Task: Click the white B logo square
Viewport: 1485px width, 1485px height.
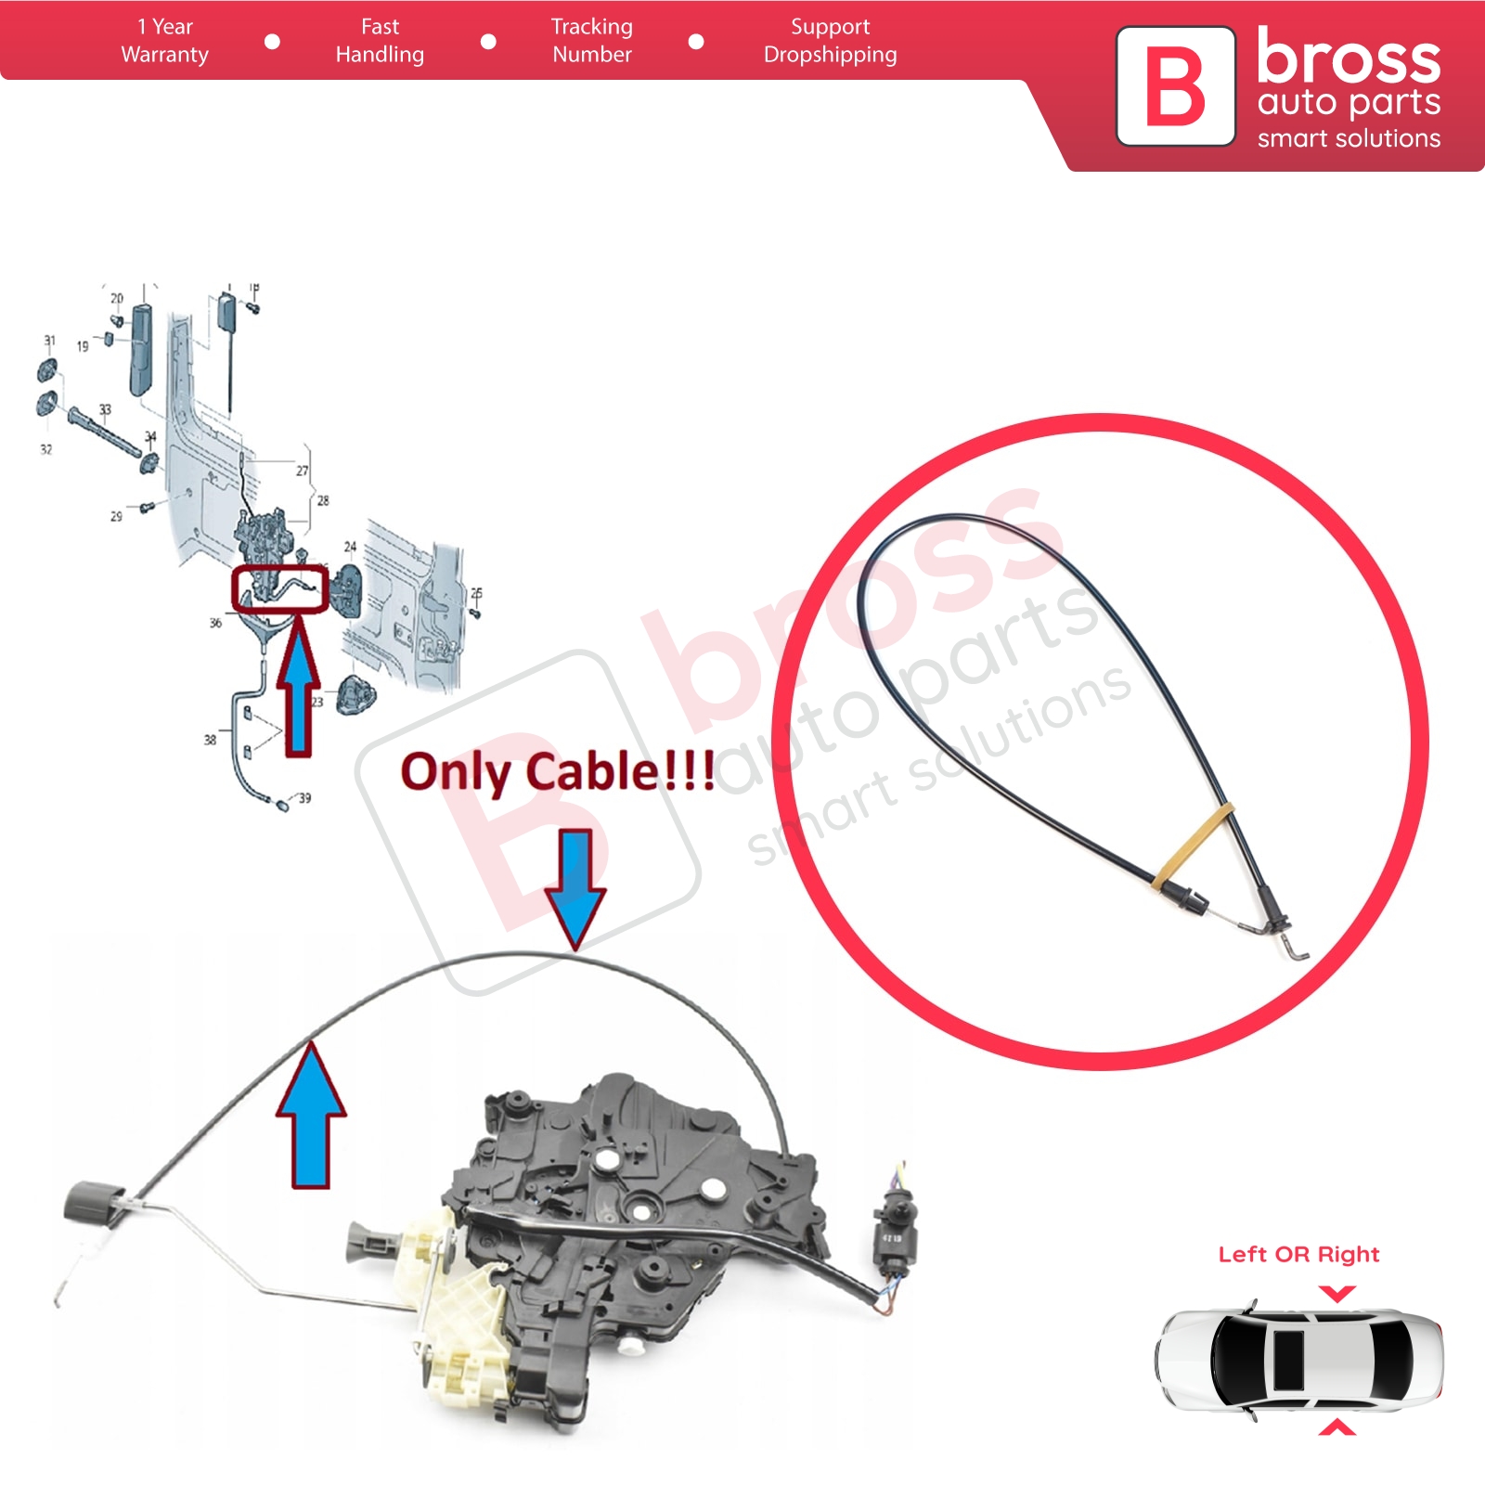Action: coord(1175,86)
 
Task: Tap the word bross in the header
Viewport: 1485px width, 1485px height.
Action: coord(1348,58)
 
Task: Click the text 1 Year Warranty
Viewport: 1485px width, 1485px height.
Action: coord(165,41)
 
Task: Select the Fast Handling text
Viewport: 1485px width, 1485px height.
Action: coord(380,41)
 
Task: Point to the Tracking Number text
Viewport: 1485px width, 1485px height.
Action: coord(592,41)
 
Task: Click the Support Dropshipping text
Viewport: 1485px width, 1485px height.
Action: coord(830,41)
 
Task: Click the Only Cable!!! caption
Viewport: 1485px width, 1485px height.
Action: coord(558,772)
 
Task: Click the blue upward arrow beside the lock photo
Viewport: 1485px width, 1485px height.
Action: coord(311,1117)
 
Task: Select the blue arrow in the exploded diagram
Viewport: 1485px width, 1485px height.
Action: coord(298,687)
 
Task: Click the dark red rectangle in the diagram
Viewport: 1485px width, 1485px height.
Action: coord(279,589)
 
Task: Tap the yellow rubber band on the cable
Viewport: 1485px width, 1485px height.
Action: coord(1194,845)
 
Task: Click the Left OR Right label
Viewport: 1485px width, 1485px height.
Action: coord(1298,1255)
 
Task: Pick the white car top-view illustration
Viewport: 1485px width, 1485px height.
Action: coord(1298,1360)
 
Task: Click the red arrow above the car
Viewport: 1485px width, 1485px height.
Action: coord(1336,1293)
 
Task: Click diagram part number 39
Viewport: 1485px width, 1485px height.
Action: coord(304,798)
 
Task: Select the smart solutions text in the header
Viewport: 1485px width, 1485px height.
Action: coord(1349,139)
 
